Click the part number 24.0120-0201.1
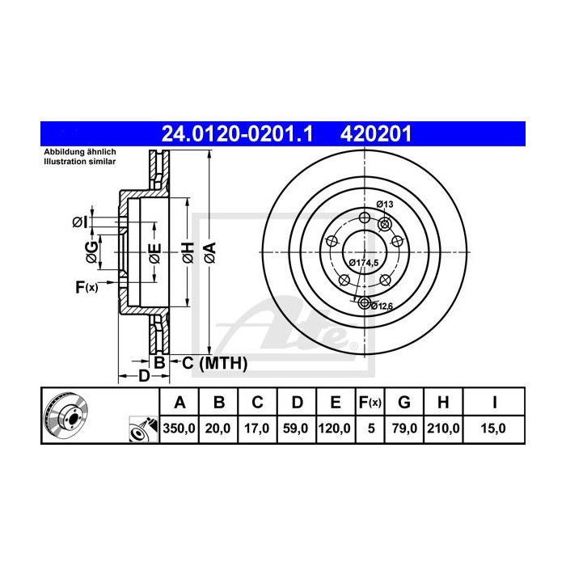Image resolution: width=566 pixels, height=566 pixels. point(237,134)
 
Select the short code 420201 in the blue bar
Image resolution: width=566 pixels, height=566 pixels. point(376,134)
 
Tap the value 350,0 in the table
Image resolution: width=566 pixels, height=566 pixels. point(179,429)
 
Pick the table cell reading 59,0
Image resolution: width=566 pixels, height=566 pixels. point(295,429)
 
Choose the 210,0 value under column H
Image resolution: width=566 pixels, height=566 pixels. point(443,429)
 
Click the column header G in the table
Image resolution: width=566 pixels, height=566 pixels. point(404,402)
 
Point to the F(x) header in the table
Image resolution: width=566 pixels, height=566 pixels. point(370,402)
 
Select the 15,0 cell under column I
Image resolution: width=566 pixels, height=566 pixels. point(493,429)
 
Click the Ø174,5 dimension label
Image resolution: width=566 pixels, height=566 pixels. point(364,263)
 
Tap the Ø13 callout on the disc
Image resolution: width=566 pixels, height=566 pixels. point(385,205)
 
